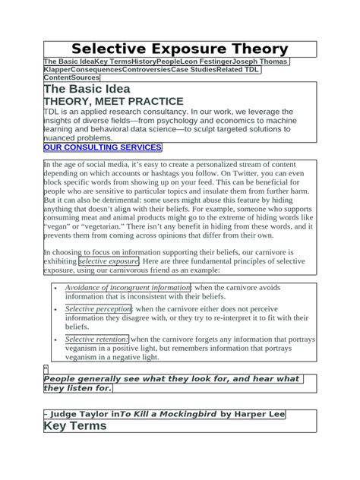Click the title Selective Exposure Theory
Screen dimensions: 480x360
coord(180,49)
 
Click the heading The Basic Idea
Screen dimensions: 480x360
coord(87,90)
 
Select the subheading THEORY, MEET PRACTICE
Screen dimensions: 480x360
coord(113,101)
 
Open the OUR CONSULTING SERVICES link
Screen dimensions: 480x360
coord(102,147)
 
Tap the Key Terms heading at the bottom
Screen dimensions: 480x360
coord(75,425)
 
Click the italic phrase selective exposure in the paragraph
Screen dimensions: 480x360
coord(108,261)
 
